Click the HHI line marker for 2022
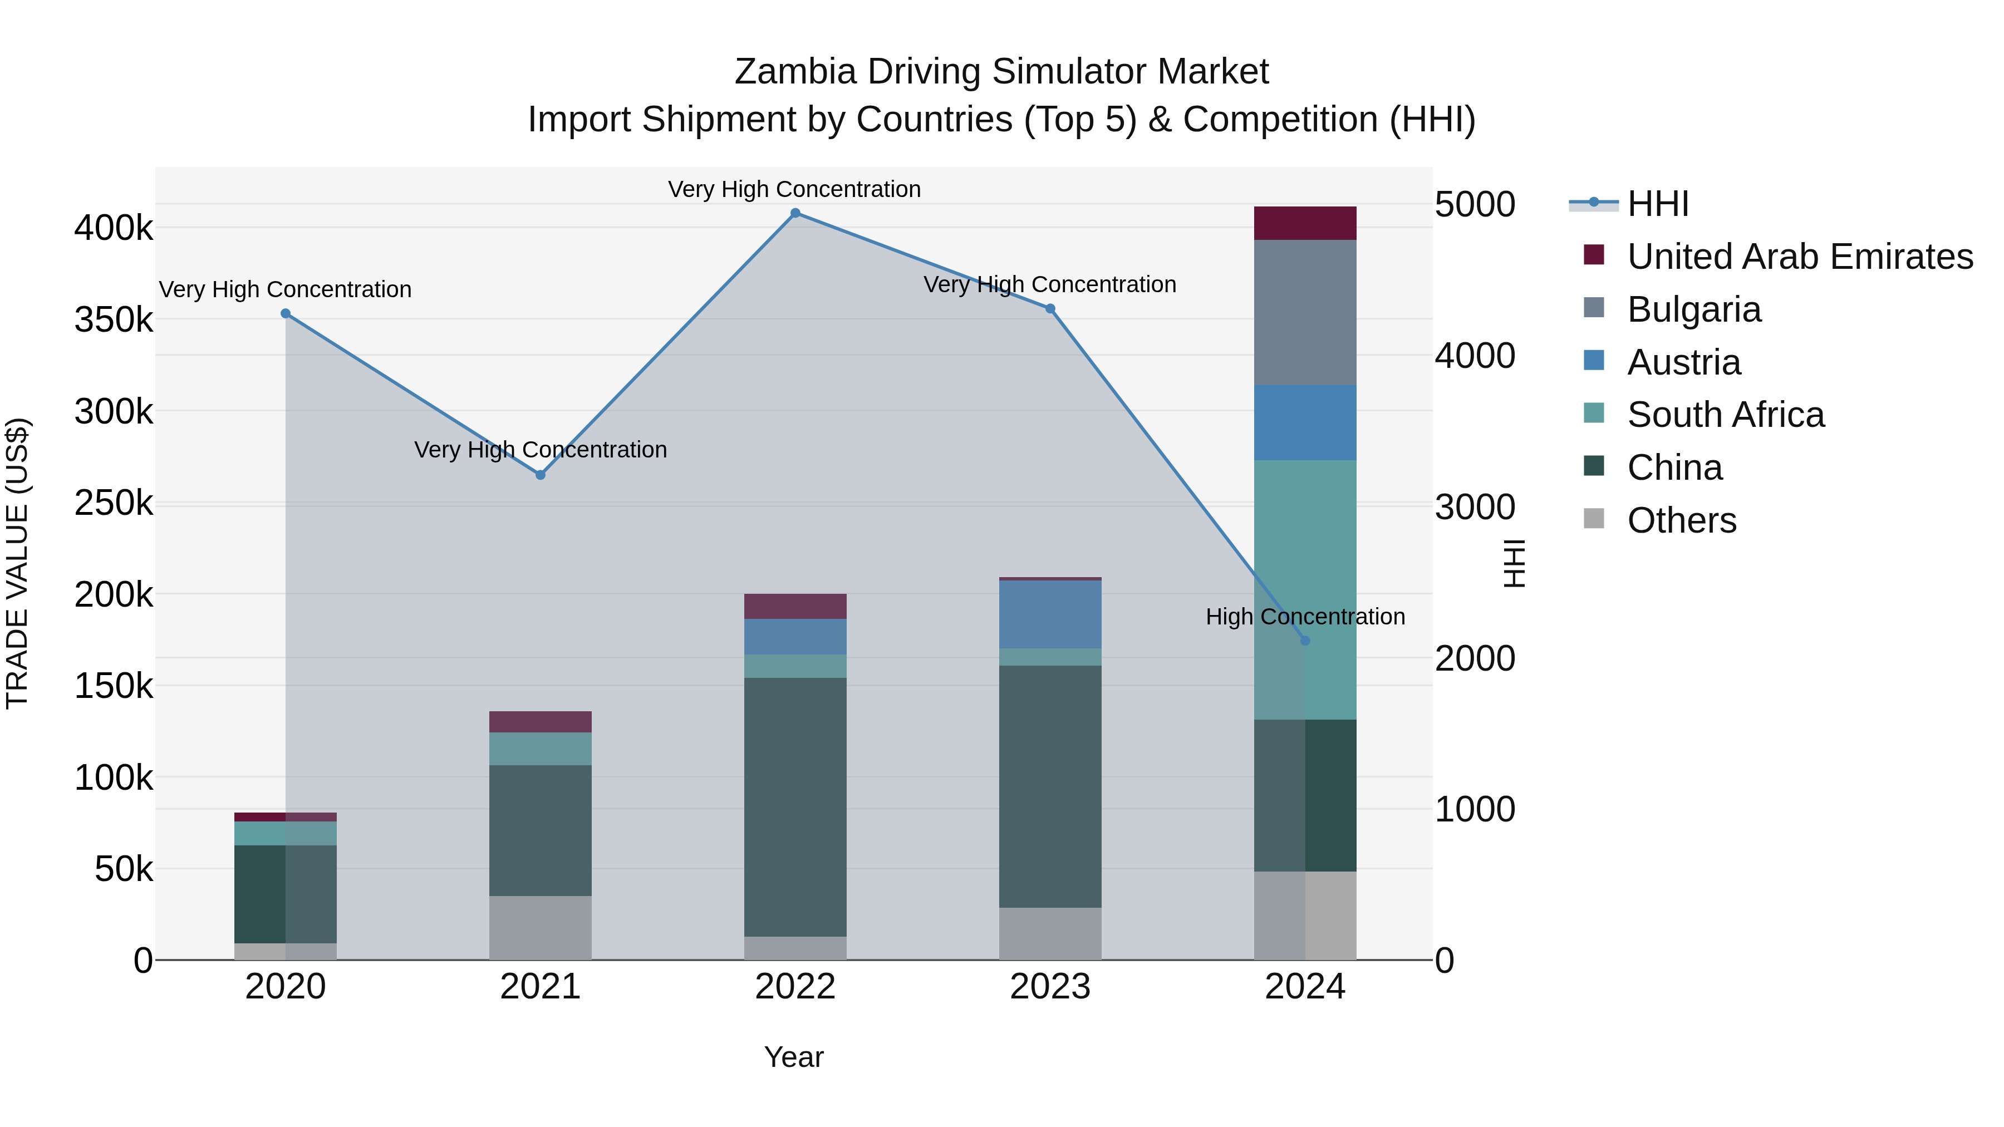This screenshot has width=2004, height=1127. [795, 213]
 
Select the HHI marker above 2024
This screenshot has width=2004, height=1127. [1305, 641]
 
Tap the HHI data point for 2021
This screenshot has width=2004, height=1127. [541, 474]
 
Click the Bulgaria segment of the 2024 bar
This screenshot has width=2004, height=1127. [1305, 313]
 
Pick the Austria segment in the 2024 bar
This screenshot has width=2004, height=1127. [1305, 423]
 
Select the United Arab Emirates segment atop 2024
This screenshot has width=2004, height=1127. [1305, 223]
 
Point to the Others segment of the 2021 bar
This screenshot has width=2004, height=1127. [541, 927]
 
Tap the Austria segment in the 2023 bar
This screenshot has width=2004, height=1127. [1050, 614]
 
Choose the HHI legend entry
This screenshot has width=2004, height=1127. [1657, 204]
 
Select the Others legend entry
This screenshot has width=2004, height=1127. [1681, 520]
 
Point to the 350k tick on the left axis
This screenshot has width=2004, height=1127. [114, 319]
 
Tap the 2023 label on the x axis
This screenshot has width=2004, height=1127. [1050, 987]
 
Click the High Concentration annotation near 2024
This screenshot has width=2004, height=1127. [1305, 617]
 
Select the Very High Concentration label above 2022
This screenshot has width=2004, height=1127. [794, 189]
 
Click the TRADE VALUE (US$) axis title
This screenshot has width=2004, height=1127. [17, 563]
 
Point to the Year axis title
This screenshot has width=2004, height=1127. [793, 1057]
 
